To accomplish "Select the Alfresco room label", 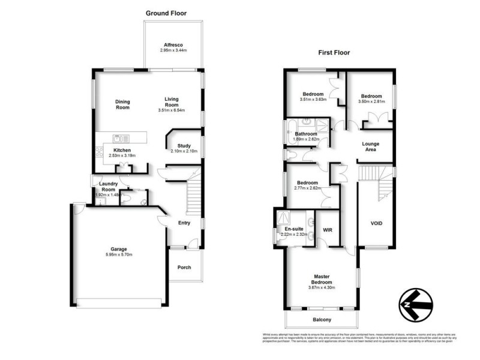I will pyautogui.click(x=173, y=44).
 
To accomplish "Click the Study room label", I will pyautogui.click(x=183, y=145).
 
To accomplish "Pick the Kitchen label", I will pyautogui.click(x=122, y=150).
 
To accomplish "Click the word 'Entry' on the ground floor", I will pyautogui.click(x=184, y=223).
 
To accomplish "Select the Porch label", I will pyautogui.click(x=184, y=267).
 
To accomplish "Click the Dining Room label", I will pyautogui.click(x=122, y=104).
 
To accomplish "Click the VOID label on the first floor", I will pyautogui.click(x=376, y=224).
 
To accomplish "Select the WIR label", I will pyautogui.click(x=328, y=229).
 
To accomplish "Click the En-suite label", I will pyautogui.click(x=294, y=229).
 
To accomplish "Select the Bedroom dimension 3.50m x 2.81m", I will pyautogui.click(x=372, y=102).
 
